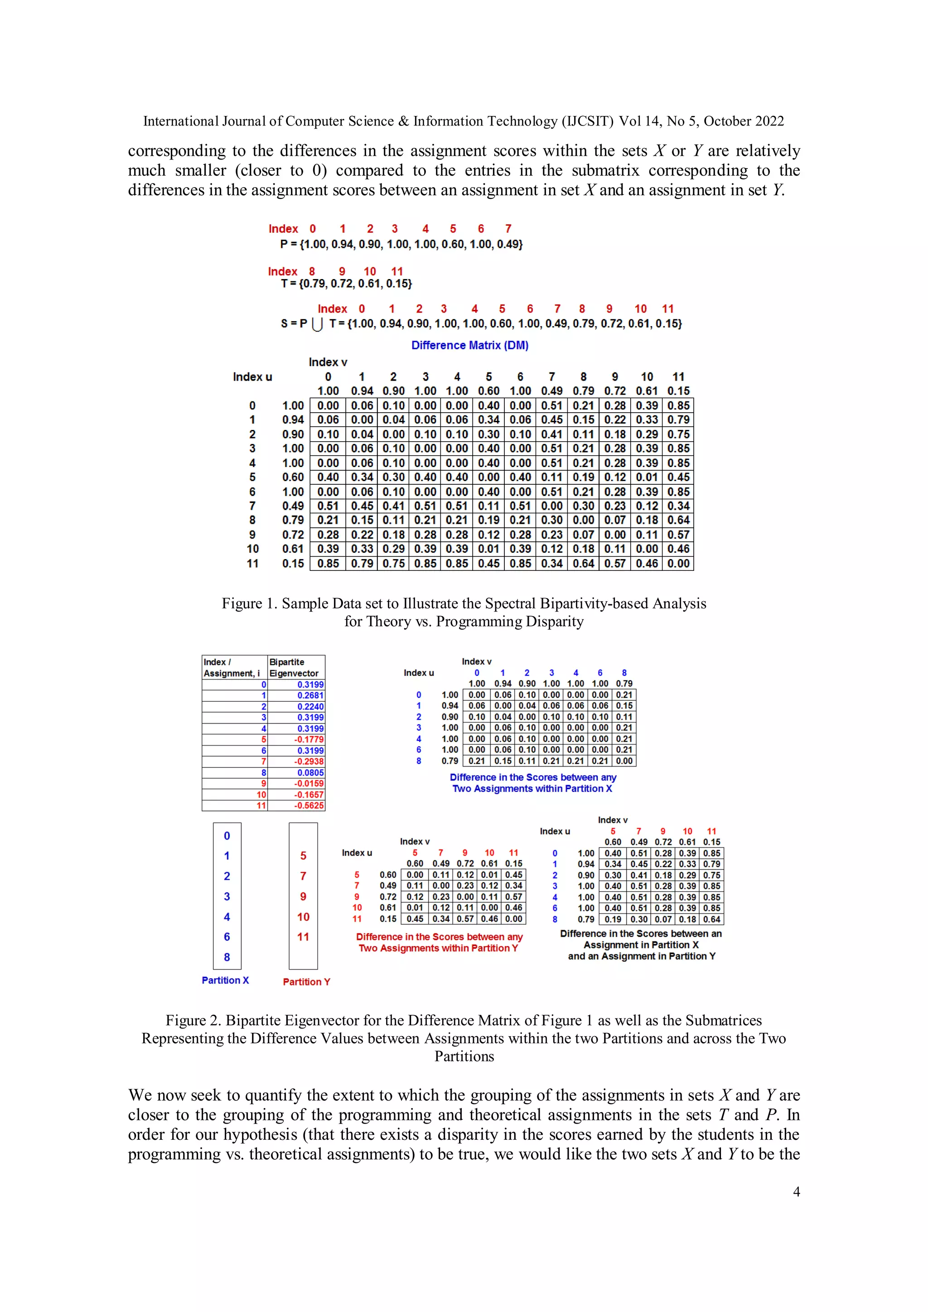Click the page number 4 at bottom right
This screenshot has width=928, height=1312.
(x=796, y=1191)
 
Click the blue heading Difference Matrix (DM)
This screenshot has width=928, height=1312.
(x=470, y=345)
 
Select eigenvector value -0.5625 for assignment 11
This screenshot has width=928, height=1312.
(x=309, y=805)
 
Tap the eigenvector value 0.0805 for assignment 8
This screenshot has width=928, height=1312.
(x=310, y=772)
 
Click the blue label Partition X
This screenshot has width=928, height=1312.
(x=225, y=980)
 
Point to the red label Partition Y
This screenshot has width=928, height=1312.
(x=306, y=982)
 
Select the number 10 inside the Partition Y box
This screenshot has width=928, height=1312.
(x=303, y=916)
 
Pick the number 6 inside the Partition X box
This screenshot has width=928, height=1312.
(x=227, y=936)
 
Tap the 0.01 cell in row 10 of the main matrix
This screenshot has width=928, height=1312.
(x=488, y=549)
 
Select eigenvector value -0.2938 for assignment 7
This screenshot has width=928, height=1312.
(x=309, y=761)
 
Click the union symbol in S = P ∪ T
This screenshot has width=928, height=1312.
(x=318, y=324)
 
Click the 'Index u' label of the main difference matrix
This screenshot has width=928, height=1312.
(x=252, y=376)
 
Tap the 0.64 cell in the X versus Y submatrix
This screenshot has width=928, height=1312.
(x=711, y=919)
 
